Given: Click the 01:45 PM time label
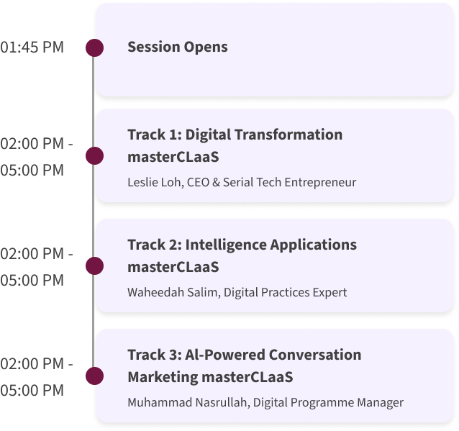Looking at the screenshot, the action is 32,47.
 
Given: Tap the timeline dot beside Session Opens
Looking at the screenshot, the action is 94,47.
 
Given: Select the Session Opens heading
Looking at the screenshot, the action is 178,47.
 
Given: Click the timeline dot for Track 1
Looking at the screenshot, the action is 94,155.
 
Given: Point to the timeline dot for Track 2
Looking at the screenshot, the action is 94,266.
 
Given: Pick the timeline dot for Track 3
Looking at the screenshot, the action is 94,376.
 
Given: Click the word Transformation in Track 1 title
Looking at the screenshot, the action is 288,135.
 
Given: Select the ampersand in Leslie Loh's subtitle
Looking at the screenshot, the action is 216,182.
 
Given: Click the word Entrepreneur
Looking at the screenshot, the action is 320,183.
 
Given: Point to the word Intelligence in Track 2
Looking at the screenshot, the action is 226,245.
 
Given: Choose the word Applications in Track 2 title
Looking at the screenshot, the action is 314,245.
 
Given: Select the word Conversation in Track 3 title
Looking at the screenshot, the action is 315,355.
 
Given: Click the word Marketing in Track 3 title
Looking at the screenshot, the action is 163,378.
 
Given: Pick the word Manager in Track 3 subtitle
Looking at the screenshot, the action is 381,403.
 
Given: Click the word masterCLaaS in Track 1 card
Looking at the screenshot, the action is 173,157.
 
